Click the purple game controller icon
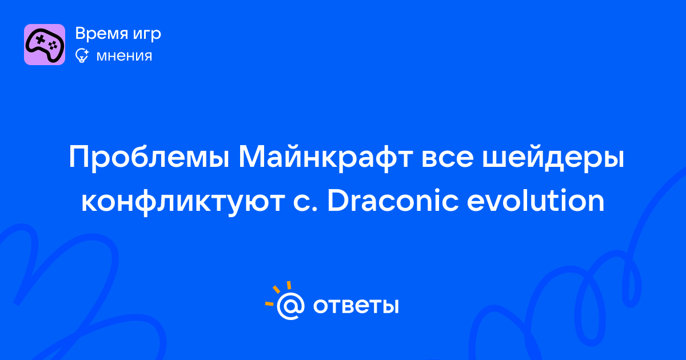tap(45, 45)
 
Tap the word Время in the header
tap(102, 34)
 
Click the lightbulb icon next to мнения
tap(82, 55)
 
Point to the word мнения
tap(124, 57)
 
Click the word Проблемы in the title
tap(149, 157)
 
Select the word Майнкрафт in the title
tap(326, 157)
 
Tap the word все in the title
tap(448, 160)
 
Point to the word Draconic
tap(393, 201)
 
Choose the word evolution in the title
tap(536, 201)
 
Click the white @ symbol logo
tap(290, 306)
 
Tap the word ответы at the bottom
tap(356, 306)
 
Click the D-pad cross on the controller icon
tap(40, 39)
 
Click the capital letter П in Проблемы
tap(79, 157)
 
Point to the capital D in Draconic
tap(338, 201)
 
